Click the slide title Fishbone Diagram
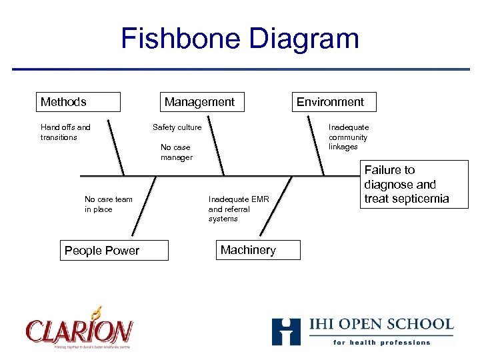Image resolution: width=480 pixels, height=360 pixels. pos(239,38)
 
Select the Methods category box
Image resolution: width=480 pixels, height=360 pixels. pos(79,102)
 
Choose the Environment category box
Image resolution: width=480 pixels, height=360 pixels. pos(333,102)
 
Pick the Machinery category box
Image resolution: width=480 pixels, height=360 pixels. pos(257,250)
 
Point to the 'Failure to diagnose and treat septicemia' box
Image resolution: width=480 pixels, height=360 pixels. pos(415,185)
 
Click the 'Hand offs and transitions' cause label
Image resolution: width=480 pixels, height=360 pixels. pos(65,132)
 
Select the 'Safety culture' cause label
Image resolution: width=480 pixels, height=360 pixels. pos(177,127)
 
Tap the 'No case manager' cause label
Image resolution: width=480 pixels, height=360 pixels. pos(176,153)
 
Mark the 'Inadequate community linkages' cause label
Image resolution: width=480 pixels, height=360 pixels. pos(348,137)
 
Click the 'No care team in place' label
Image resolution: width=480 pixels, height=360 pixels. pos(108,204)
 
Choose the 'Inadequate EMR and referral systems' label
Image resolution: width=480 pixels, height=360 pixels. pos(238,209)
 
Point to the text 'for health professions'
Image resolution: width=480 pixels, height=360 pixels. pos(382,342)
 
